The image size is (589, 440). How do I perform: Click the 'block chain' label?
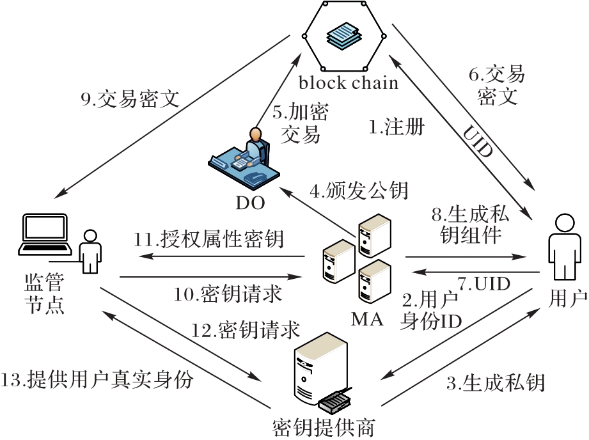pyautogui.click(x=348, y=83)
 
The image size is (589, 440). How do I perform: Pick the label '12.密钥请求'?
pyautogui.click(x=246, y=330)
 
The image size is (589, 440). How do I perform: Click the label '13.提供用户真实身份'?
pyautogui.click(x=97, y=380)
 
